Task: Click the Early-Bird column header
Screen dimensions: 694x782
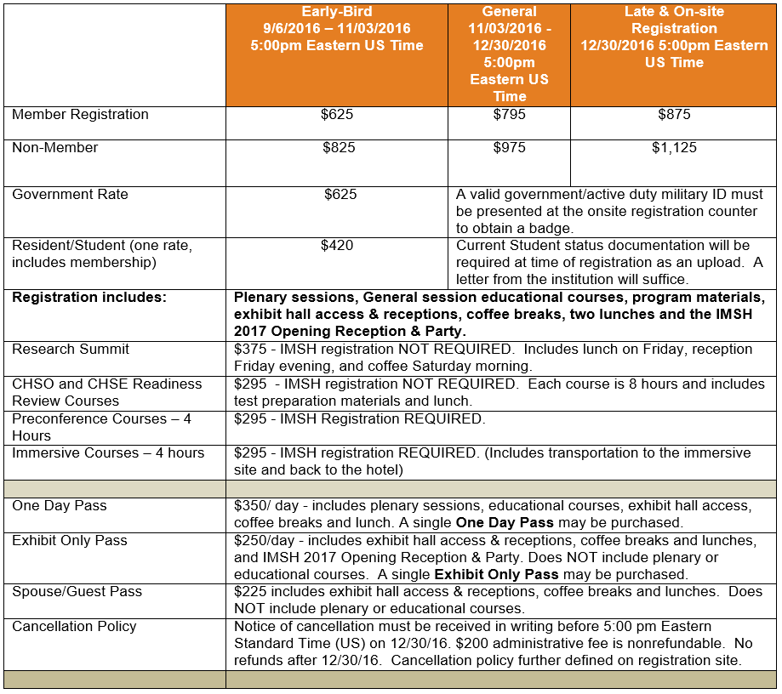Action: [336, 29]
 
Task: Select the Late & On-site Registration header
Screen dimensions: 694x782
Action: [674, 37]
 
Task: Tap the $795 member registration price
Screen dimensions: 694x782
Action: [509, 115]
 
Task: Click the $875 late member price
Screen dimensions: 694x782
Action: [674, 115]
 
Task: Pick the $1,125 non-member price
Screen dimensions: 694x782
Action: [674, 148]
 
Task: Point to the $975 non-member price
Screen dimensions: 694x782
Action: [509, 148]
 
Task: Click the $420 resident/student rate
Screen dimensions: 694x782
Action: [337, 246]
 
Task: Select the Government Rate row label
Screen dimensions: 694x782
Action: [70, 195]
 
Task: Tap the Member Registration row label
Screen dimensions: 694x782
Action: [80, 115]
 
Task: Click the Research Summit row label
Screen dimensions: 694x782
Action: [71, 349]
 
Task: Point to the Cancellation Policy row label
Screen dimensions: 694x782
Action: [74, 626]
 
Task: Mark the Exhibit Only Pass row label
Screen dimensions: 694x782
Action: [70, 540]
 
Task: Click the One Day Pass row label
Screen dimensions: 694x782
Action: [60, 505]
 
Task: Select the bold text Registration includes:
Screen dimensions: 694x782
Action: [89, 298]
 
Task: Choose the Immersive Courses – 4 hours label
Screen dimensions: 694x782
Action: [108, 452]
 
